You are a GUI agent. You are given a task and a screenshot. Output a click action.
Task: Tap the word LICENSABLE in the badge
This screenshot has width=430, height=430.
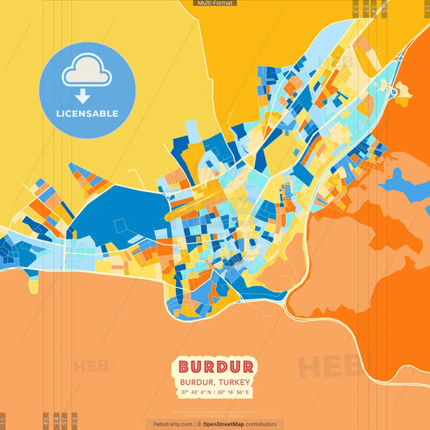click(87, 114)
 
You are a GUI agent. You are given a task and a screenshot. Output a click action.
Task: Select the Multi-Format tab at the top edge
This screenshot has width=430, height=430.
click(215, 3)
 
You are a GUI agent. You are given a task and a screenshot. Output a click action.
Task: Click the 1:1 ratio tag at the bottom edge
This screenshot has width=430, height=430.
click(2, 421)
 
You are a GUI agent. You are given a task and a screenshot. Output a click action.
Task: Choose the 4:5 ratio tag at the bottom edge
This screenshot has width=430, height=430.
click(46, 421)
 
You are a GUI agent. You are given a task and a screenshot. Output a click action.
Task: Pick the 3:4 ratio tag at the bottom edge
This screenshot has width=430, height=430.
click(56, 421)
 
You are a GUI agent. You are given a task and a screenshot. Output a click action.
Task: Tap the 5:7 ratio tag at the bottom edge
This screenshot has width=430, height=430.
click(65, 421)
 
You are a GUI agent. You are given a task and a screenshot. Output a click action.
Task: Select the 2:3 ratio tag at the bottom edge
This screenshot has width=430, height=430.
click(74, 421)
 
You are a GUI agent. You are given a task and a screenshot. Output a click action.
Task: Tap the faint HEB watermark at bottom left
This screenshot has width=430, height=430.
click(93, 366)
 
